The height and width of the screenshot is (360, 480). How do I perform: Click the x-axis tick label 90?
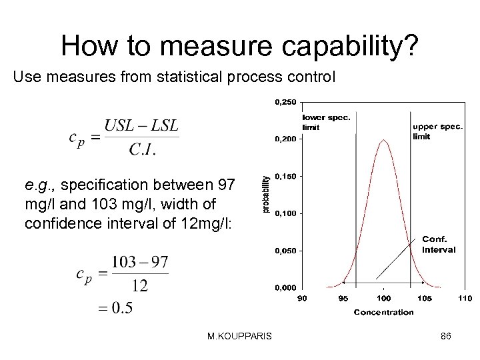pos(303,297)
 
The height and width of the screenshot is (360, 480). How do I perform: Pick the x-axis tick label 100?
pos(384,297)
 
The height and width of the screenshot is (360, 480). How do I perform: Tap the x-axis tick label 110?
pos(465,297)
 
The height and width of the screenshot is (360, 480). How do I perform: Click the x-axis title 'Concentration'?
pos(383,311)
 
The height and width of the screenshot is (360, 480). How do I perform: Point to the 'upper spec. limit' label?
pos(436,131)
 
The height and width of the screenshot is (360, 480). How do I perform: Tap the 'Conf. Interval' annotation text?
pos(439,245)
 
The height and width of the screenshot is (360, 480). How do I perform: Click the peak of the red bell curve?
pos(384,140)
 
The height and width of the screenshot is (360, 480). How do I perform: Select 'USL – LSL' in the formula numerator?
pos(141,125)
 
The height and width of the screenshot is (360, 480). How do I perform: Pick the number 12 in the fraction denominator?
pos(139,285)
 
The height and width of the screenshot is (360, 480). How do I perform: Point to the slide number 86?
pos(447,338)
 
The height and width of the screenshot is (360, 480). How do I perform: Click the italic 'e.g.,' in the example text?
pos(41,183)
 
